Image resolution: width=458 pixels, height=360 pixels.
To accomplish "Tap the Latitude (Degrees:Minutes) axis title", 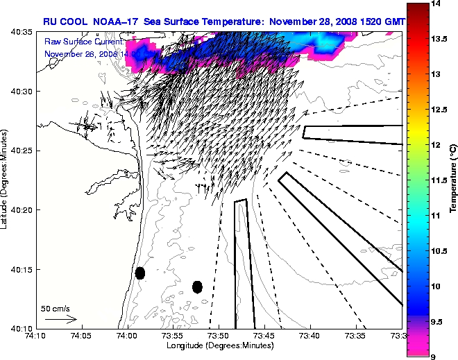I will pyautogui.click(x=6, y=179).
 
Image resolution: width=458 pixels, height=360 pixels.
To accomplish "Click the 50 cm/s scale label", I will pyautogui.click(x=55, y=308).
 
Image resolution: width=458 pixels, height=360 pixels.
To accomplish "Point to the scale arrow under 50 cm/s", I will pyautogui.click(x=60, y=319).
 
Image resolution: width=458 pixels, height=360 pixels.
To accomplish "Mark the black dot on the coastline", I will pyautogui.click(x=139, y=273).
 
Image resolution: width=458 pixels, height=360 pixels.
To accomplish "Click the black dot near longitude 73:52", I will pyautogui.click(x=197, y=286).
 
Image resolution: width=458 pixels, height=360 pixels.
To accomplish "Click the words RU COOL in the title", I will pyautogui.click(x=65, y=22).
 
